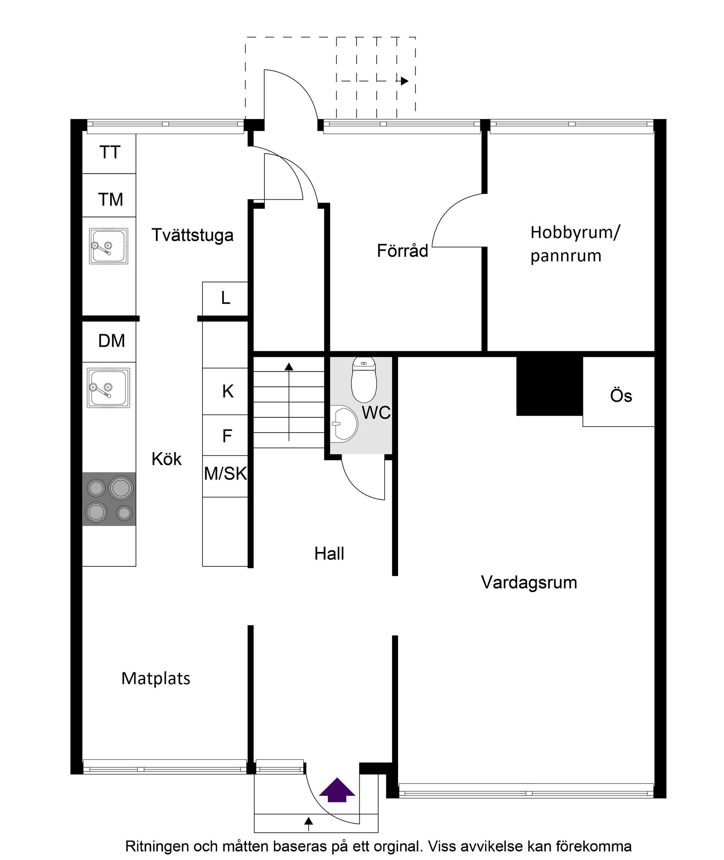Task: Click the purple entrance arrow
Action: (x=337, y=790)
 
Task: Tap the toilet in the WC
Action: (x=364, y=380)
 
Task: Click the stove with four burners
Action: (x=109, y=499)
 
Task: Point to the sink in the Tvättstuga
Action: (x=109, y=246)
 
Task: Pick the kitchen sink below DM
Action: (x=108, y=387)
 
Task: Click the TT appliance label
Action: (x=109, y=153)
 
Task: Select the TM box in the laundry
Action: (x=110, y=200)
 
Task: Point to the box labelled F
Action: (x=227, y=436)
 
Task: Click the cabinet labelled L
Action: (x=225, y=298)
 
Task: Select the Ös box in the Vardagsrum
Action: (x=620, y=396)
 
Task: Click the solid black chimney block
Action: (x=549, y=386)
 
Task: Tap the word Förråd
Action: (x=402, y=251)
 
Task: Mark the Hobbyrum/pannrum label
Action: (x=575, y=243)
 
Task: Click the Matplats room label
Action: (x=156, y=679)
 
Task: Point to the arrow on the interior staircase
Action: (x=289, y=402)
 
